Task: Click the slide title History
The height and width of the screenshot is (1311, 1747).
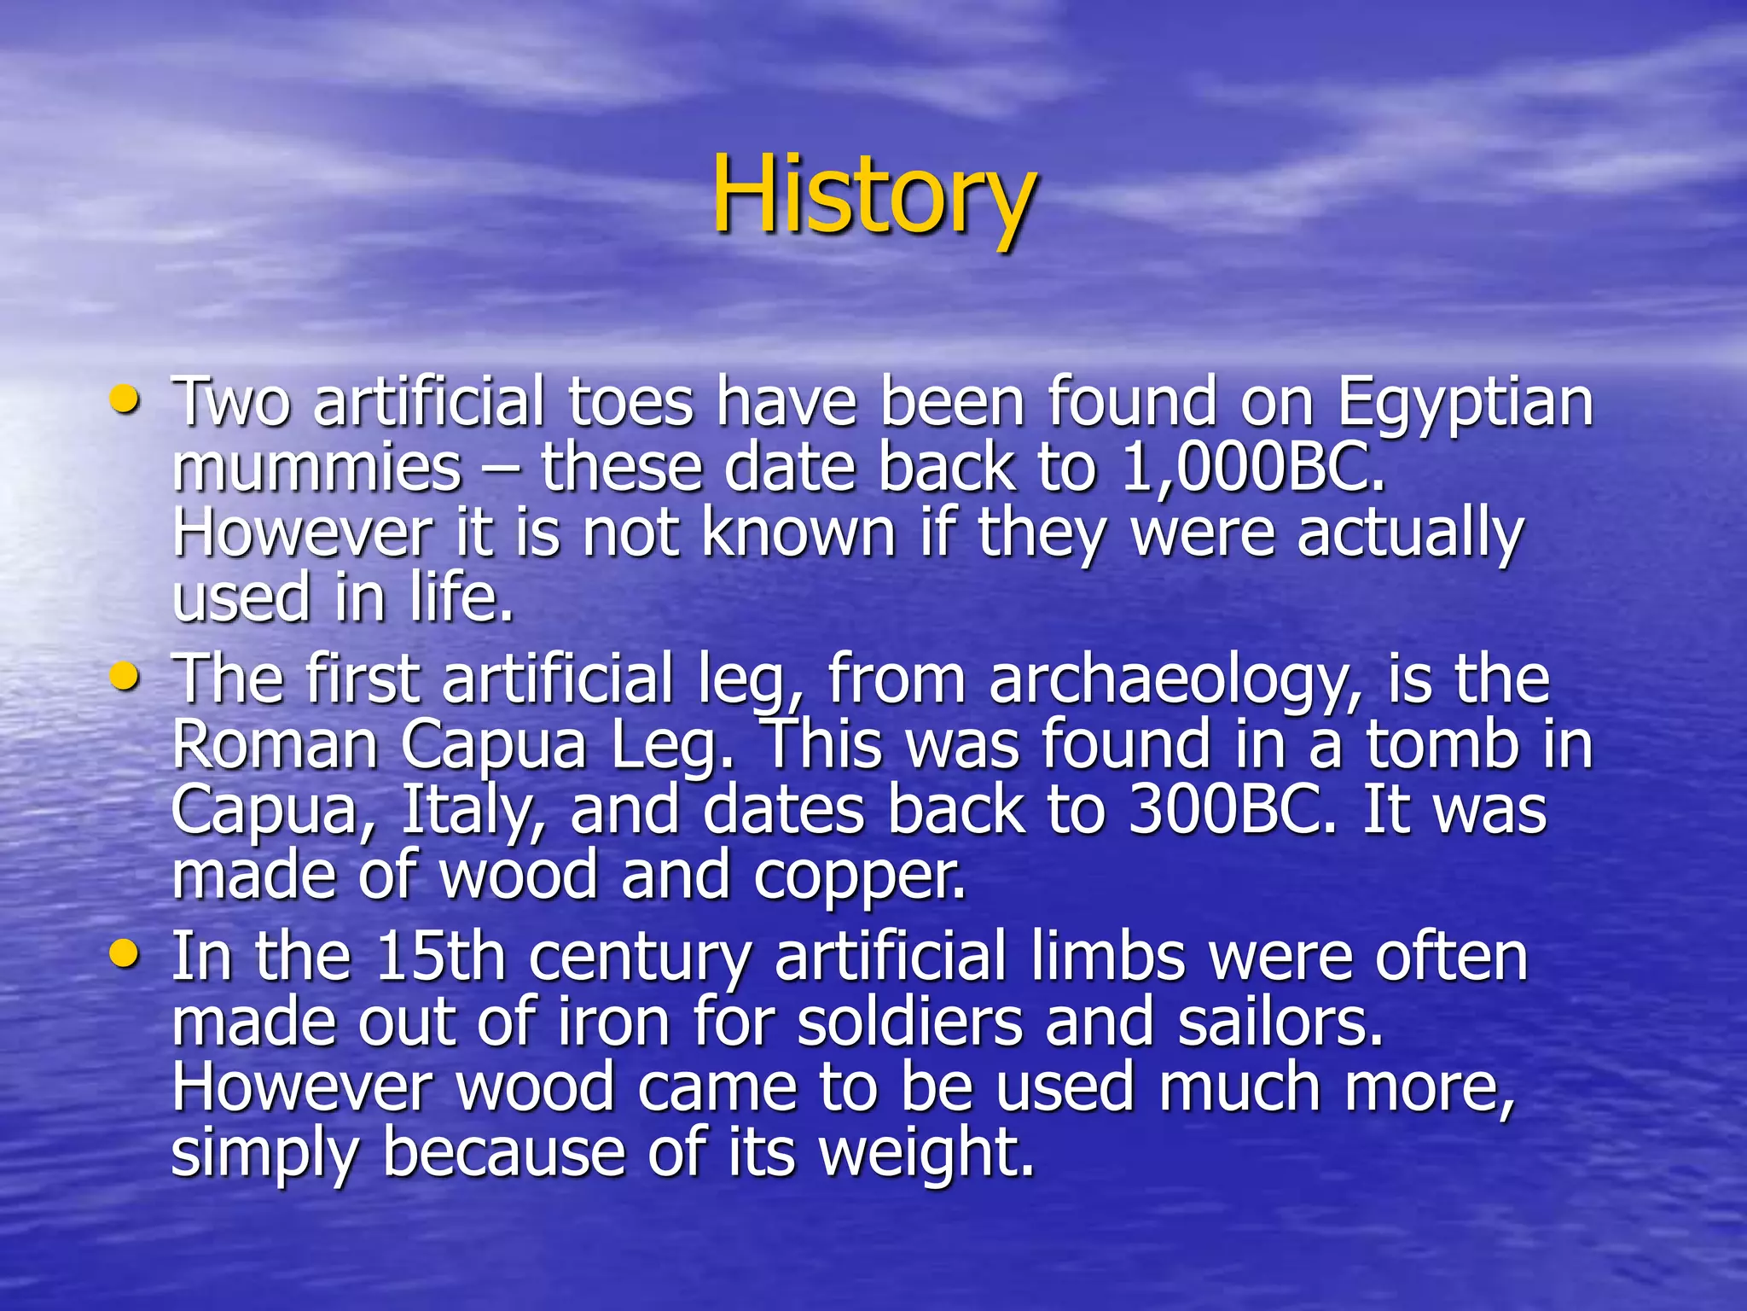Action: click(x=873, y=195)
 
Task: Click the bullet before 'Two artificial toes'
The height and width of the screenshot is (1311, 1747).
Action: click(x=125, y=399)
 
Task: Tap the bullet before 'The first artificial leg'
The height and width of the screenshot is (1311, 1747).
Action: click(x=125, y=678)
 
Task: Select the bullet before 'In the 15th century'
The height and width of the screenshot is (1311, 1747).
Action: click(x=125, y=954)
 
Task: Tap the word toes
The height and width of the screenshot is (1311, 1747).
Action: click(x=630, y=403)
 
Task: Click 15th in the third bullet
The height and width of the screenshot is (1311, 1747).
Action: click(x=440, y=958)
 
